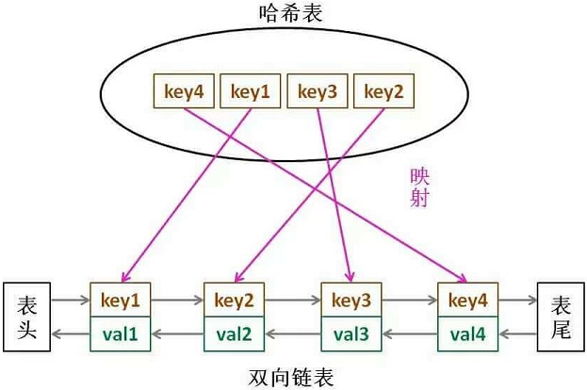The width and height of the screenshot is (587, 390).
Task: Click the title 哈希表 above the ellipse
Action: (x=291, y=13)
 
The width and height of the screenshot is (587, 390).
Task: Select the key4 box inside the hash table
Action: (x=184, y=91)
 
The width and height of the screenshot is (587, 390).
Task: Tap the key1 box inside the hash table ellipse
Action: (x=250, y=91)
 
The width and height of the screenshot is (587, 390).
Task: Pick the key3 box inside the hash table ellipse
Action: (x=318, y=91)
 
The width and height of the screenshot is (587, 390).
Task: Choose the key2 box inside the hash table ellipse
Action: (x=383, y=91)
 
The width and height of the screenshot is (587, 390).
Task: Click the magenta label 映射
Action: (x=419, y=187)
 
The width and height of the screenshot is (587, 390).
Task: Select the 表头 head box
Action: (x=27, y=317)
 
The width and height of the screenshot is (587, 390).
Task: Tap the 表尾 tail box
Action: (x=561, y=317)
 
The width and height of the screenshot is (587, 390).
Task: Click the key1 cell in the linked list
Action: (x=121, y=300)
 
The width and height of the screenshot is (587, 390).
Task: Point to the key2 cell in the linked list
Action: (x=234, y=300)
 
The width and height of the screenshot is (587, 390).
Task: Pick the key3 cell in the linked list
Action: (x=351, y=300)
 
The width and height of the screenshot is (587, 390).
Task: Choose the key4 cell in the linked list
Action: (x=468, y=300)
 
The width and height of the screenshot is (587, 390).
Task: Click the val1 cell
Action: (x=121, y=333)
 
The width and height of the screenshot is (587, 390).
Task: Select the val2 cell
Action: (x=234, y=333)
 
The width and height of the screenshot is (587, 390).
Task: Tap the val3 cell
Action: (x=351, y=333)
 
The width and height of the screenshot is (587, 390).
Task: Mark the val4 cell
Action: (x=468, y=333)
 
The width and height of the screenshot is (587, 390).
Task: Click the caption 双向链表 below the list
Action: (x=291, y=377)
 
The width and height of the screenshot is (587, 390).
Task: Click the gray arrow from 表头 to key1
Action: (x=71, y=300)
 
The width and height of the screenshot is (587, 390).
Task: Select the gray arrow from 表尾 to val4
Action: (x=517, y=333)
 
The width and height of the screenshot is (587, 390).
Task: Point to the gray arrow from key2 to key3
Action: (x=292, y=300)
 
